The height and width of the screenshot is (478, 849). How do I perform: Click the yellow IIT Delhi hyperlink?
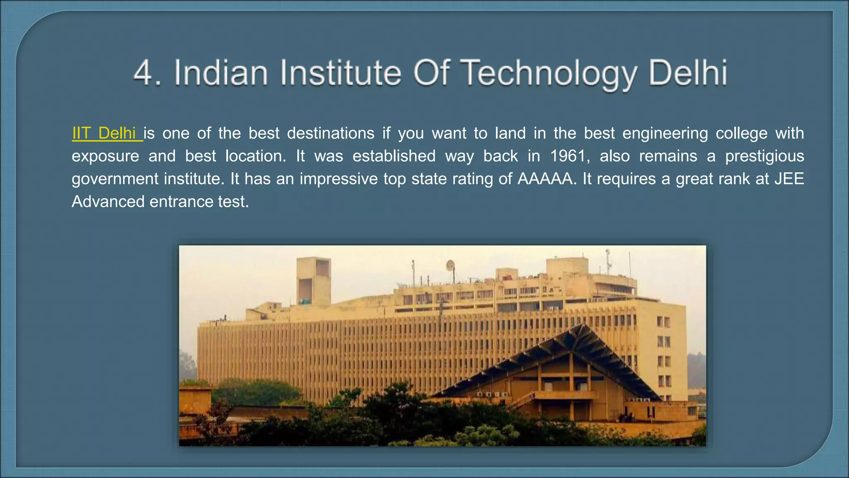tap(107, 134)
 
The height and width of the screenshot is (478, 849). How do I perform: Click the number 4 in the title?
tap(143, 73)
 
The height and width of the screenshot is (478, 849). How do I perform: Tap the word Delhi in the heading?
tap(688, 73)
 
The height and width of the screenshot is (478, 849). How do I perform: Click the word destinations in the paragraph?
tap(331, 134)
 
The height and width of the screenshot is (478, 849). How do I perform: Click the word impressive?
tap(338, 179)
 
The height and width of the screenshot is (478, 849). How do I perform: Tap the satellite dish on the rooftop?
tap(450, 265)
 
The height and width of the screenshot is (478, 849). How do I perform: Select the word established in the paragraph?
tap(394, 156)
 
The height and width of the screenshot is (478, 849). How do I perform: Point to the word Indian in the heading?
tap(221, 73)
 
